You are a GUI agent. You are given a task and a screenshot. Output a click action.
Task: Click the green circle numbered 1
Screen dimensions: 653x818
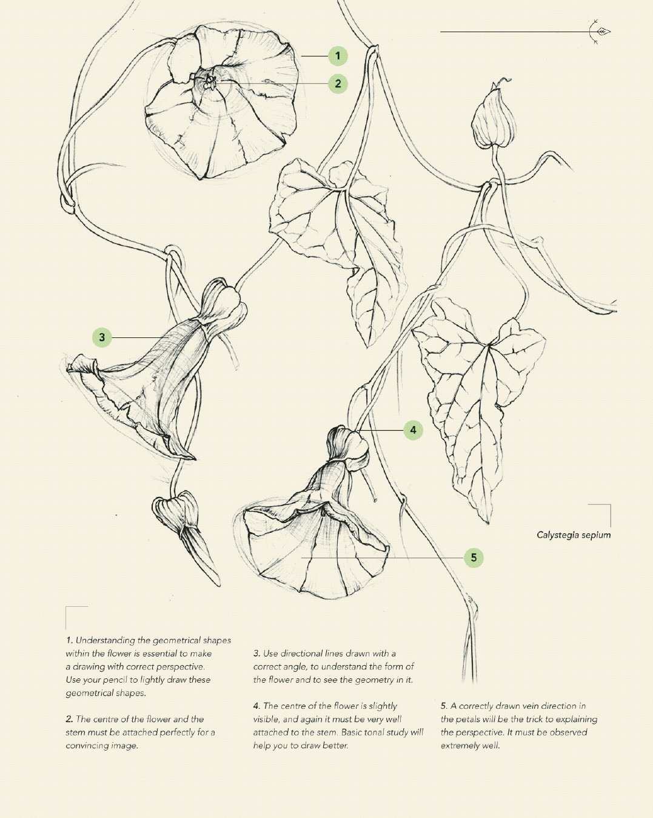click(x=338, y=56)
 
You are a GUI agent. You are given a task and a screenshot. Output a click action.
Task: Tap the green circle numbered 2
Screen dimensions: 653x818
click(x=338, y=84)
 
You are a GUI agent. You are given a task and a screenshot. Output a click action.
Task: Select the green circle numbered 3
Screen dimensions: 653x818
click(x=102, y=337)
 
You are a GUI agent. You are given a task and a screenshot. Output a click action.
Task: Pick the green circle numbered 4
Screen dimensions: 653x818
click(x=414, y=430)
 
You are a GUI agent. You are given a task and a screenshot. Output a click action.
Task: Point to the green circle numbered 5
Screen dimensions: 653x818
click(x=474, y=558)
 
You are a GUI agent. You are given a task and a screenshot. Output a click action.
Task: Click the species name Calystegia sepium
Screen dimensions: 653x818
click(x=574, y=535)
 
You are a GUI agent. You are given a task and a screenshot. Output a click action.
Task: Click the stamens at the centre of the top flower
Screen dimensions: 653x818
click(x=210, y=83)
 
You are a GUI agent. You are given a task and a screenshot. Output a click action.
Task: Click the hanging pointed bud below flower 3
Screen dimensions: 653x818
click(x=183, y=532)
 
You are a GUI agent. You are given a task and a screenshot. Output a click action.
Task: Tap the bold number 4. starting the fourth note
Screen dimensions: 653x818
click(x=257, y=706)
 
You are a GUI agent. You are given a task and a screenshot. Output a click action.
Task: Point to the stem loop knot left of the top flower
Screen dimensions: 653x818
click(x=67, y=203)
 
